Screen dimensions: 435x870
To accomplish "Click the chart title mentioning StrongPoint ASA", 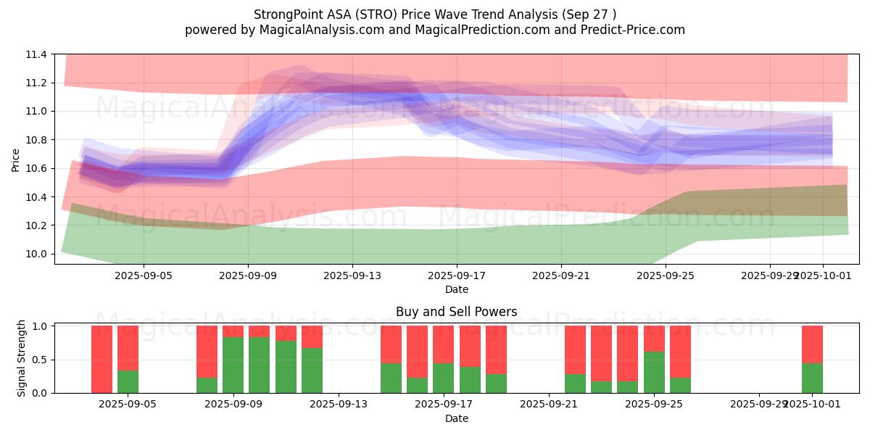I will (435, 14).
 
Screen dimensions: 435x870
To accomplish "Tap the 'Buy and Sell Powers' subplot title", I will (456, 312).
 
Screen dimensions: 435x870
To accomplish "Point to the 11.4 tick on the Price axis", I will (37, 54).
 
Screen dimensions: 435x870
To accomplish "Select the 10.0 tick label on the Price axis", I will (37, 254).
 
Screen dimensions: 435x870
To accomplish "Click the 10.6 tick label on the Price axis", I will (37, 169).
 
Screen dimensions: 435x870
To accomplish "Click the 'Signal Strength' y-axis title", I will (22, 358).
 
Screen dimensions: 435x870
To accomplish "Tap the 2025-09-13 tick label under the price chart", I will (352, 275).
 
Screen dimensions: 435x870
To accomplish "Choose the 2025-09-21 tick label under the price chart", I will (561, 275).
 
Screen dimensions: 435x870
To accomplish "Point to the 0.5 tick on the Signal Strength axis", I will (40, 360).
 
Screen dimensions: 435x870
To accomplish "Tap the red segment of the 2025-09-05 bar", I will (128, 348).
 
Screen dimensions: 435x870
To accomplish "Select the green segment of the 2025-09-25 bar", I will (654, 372).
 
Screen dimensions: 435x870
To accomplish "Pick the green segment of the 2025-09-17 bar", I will (443, 378).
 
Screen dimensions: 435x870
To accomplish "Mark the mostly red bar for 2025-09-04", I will (101, 359).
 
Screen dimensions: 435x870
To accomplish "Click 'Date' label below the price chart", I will (456, 289).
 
